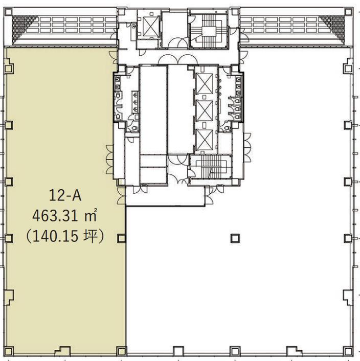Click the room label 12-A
click(x=65, y=196)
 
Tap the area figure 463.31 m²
click(x=64, y=215)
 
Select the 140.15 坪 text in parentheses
click(x=64, y=236)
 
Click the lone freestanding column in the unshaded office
click(x=235, y=238)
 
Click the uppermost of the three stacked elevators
click(x=204, y=84)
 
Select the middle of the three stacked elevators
click(x=204, y=111)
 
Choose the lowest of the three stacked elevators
click(x=204, y=140)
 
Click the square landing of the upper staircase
click(x=209, y=31)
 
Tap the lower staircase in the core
click(x=211, y=166)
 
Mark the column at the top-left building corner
click(x=8, y=12)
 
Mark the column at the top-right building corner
click(x=348, y=12)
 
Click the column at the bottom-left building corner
click(x=9, y=351)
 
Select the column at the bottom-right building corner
click(x=348, y=351)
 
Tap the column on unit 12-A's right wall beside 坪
click(x=121, y=238)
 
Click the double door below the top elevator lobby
click(x=178, y=60)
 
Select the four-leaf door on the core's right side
click(x=247, y=148)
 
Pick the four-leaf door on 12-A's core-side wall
click(x=109, y=160)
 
